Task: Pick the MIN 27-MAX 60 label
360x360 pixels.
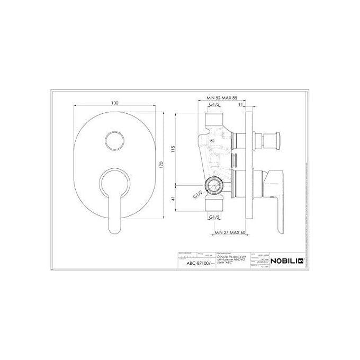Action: (x=230, y=231)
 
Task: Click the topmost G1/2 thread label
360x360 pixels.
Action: (x=215, y=105)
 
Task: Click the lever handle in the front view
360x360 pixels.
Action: (x=115, y=196)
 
